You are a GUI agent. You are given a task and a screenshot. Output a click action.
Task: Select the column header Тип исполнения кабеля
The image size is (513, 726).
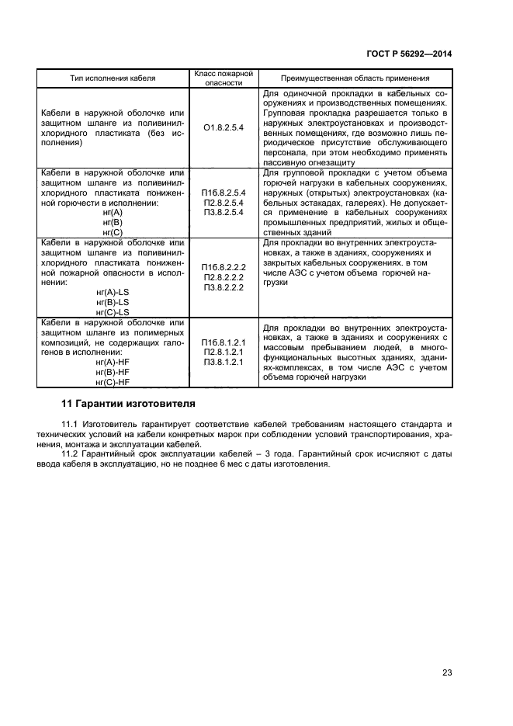point(113,78)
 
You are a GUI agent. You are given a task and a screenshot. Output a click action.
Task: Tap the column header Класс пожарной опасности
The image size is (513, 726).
point(223,78)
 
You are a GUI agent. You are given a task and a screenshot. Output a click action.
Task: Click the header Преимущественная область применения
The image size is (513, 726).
point(355,78)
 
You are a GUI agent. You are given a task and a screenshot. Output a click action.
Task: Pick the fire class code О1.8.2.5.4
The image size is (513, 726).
point(223,127)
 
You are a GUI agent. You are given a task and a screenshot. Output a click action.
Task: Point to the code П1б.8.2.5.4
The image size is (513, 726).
point(223,192)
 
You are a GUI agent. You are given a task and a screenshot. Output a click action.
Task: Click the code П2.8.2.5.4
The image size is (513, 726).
point(223,202)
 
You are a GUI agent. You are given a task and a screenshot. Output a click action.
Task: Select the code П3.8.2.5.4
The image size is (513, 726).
point(223,212)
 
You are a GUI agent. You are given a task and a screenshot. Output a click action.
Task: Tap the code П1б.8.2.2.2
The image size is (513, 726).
point(223,266)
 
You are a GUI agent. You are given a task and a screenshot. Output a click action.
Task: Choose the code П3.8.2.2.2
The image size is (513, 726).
point(223,287)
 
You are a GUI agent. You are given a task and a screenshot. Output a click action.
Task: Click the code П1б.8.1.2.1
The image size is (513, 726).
point(223,342)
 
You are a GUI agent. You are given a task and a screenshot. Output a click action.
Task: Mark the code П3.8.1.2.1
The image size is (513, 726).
point(223,362)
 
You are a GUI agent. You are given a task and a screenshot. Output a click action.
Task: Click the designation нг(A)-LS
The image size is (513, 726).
point(113,292)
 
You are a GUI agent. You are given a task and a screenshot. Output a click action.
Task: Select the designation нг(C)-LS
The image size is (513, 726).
point(113,312)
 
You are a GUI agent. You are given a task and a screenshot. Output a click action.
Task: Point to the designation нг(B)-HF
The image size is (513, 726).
point(113,372)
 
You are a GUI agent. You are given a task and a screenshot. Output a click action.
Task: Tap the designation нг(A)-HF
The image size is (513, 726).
point(113,362)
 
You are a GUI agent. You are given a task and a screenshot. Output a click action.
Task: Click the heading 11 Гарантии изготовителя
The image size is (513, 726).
point(128,405)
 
